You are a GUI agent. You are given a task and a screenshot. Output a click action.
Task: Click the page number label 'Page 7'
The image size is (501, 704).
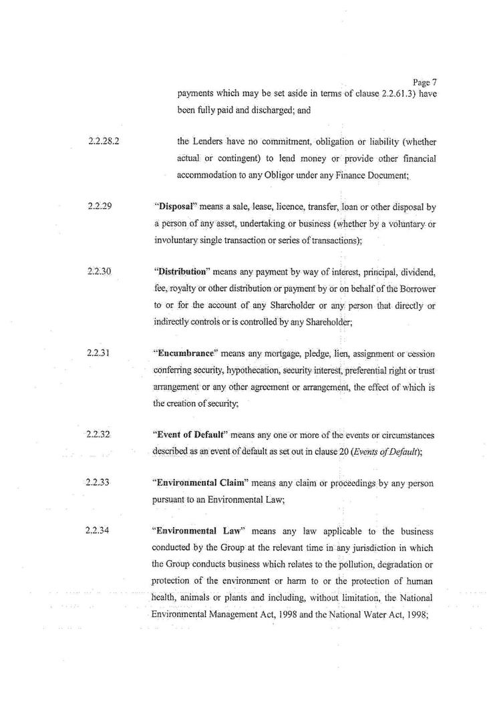point(425,82)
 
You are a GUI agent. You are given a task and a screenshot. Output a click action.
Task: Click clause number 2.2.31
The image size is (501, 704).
point(98,353)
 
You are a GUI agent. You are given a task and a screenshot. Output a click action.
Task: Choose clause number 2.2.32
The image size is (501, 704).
point(98,435)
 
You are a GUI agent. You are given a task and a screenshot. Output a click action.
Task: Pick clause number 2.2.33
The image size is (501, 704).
point(98,483)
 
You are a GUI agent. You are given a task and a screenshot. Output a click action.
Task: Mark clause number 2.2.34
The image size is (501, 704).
point(98,532)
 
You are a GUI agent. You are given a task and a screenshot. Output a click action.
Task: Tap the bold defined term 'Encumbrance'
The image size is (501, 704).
point(180,353)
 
